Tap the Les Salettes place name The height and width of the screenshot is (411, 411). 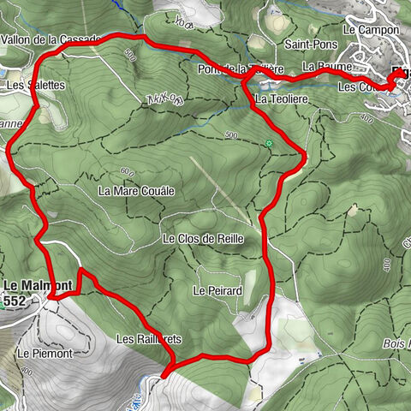click(35, 86)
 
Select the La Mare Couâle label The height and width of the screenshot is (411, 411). click(136, 190)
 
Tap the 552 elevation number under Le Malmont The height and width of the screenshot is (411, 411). click(15, 301)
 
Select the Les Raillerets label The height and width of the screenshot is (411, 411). click(149, 339)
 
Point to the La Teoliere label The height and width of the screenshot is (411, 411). click(281, 100)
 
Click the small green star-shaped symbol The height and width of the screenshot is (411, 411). click(269, 143)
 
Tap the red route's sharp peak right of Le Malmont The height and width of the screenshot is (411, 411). click(81, 271)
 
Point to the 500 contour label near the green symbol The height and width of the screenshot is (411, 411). click(230, 135)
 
